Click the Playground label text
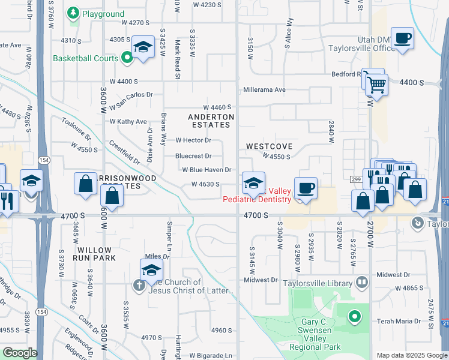point(104,14)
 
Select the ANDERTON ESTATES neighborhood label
point(209,121)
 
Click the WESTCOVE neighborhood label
point(269,146)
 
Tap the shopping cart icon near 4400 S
point(377,85)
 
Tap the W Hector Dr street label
point(193,140)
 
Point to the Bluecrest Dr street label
point(193,156)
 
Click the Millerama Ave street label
point(264,90)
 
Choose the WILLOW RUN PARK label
point(94,254)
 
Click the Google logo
point(19,353)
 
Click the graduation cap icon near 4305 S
point(143,47)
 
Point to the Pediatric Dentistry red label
point(257,199)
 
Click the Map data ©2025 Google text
point(411,355)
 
